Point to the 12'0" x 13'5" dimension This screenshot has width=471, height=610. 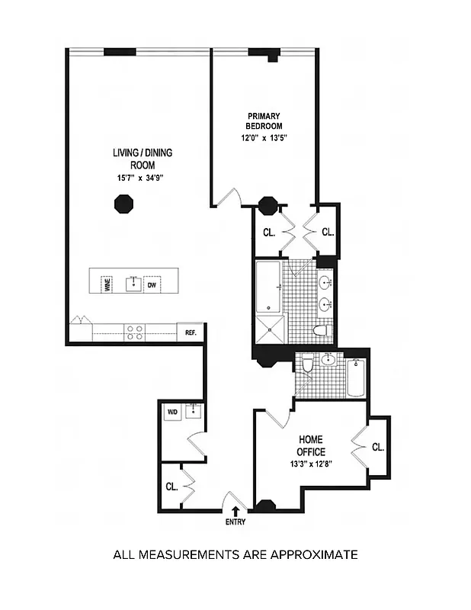264,138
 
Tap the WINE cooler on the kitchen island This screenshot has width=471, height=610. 106,284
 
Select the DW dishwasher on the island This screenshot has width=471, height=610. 152,284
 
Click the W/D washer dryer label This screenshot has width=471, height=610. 171,413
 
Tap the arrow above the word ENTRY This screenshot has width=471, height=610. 235,512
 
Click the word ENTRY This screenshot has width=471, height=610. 235,523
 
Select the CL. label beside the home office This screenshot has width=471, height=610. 378,448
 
